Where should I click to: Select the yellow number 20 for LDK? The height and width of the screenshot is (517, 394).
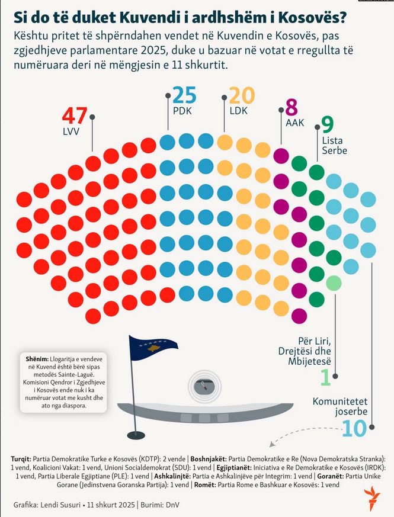[x=241, y=95]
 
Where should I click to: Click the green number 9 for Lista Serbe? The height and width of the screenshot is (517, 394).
[x=327, y=124]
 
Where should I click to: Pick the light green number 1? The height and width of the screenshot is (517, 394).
[x=325, y=377]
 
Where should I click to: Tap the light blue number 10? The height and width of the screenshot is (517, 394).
[x=355, y=428]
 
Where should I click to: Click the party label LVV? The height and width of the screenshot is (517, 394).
[x=71, y=130]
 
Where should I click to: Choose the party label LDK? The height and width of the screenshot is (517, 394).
[x=238, y=110]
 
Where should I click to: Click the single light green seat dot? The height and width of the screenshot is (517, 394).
[x=334, y=283]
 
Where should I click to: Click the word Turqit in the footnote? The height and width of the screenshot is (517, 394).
[x=23, y=459]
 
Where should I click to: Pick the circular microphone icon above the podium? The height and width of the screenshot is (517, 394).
[x=204, y=386]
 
